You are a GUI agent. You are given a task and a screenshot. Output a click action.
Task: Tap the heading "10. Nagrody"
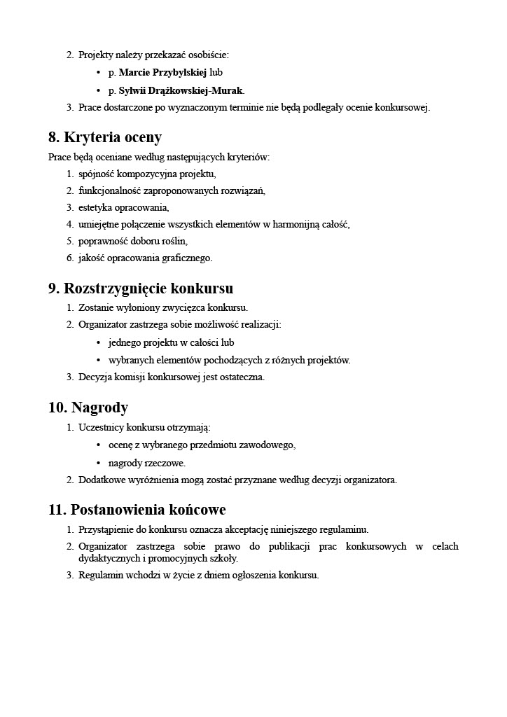pyautogui.click(x=88, y=408)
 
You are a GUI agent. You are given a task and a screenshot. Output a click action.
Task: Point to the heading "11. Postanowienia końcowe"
pyautogui.click(x=137, y=510)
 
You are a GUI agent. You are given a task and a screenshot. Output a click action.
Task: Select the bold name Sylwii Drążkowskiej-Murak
pyautogui.click(x=181, y=90)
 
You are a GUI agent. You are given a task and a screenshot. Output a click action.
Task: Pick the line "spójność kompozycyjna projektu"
pyautogui.click(x=147, y=174)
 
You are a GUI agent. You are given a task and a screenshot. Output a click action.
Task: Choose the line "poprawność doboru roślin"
pyautogui.click(x=133, y=241)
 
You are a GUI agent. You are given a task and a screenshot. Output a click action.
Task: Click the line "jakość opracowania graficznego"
pyautogui.click(x=145, y=258)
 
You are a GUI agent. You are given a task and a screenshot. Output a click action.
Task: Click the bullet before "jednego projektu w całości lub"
pyautogui.click(x=98, y=343)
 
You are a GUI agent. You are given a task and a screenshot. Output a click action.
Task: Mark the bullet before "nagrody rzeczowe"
pyautogui.click(x=98, y=464)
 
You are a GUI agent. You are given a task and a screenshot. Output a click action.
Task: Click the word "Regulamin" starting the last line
pyautogui.click(x=99, y=576)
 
